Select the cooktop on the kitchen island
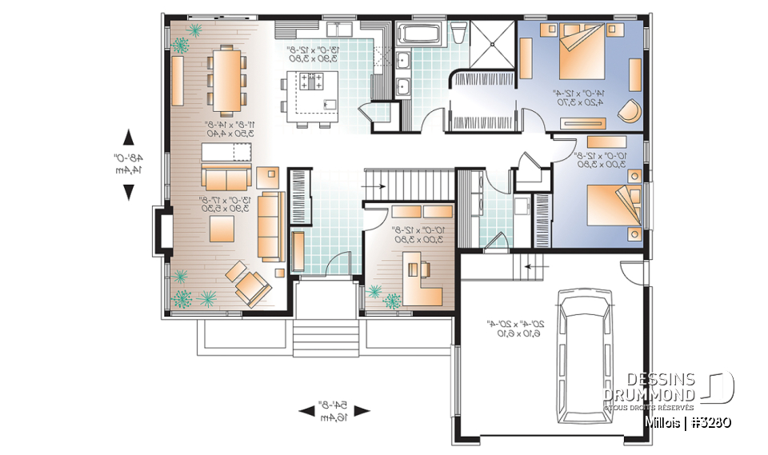(313, 82)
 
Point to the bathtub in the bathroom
(418, 36)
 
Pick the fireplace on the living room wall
(162, 232)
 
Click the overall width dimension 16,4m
(334, 417)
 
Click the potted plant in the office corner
(393, 301)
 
